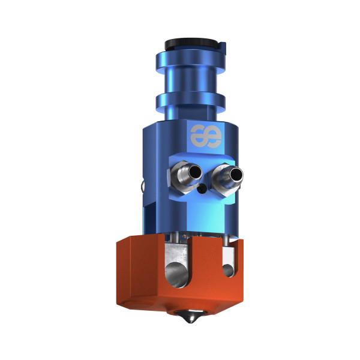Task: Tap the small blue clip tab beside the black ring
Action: coord(223,47)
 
